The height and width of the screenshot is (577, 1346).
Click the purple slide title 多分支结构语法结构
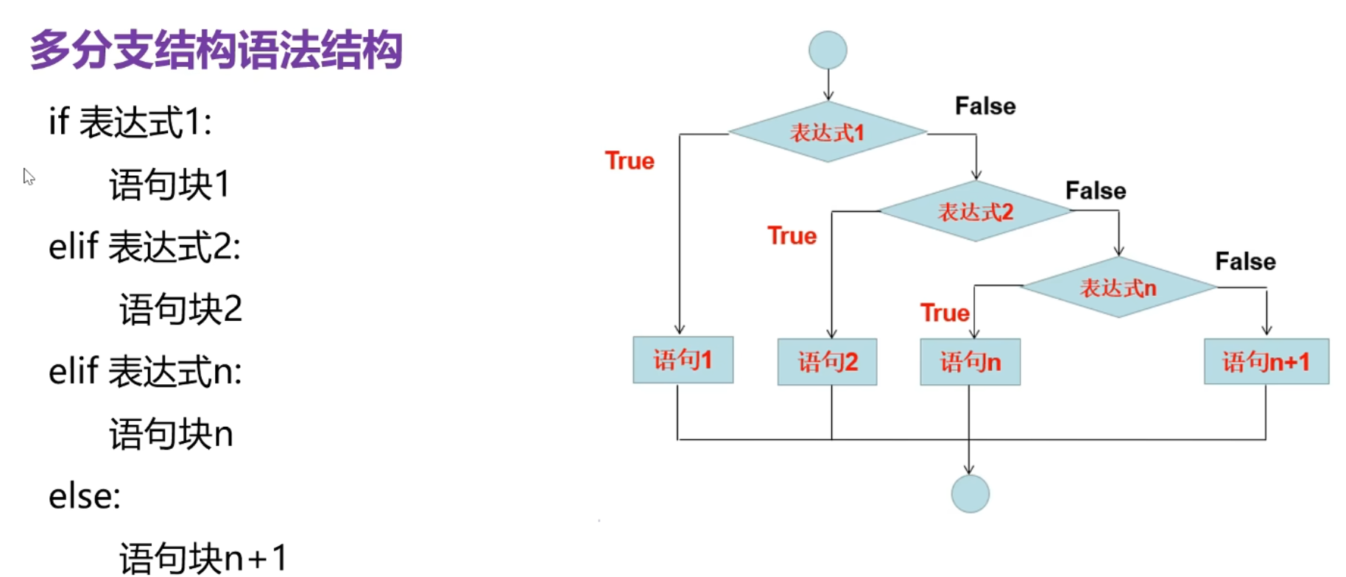tap(216, 50)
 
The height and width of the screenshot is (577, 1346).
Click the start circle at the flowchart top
tap(828, 50)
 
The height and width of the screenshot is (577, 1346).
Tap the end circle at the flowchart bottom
tap(970, 493)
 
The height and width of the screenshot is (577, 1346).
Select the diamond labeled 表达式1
tap(828, 132)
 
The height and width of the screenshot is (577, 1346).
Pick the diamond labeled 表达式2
tap(975, 212)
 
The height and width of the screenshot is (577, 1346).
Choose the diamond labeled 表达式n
tap(1118, 288)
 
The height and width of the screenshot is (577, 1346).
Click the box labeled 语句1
tap(683, 360)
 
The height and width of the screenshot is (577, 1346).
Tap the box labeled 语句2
tap(827, 362)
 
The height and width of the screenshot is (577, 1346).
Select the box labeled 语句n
tap(970, 362)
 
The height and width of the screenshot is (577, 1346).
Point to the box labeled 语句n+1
tap(1266, 361)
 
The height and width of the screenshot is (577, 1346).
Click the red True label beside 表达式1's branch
tap(630, 160)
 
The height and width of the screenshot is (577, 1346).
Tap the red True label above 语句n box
tap(944, 313)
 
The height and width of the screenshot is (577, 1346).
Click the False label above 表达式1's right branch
tap(985, 106)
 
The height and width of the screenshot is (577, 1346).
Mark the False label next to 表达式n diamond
tap(1245, 261)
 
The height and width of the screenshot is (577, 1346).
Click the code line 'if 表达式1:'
tap(130, 122)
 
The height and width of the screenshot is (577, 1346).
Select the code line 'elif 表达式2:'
tap(144, 247)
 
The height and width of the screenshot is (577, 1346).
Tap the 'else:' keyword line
tap(85, 496)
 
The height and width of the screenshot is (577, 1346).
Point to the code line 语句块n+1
tap(203, 558)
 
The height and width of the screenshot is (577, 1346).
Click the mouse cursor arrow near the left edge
tap(29, 177)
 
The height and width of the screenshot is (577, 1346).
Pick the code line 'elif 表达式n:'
tap(145, 371)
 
